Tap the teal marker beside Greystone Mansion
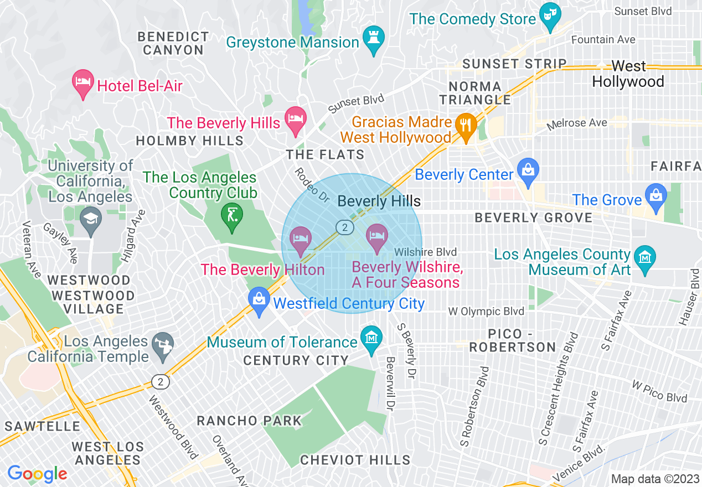(374, 39)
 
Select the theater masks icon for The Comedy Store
(549, 17)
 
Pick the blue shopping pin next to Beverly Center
(528, 172)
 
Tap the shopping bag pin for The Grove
(656, 198)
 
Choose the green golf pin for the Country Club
(231, 216)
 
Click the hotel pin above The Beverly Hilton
(301, 241)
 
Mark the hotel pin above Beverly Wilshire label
(377, 238)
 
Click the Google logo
(37, 474)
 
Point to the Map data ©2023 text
(654, 479)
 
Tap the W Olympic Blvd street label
(486, 312)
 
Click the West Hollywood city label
(628, 74)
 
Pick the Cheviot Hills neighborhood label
(355, 460)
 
